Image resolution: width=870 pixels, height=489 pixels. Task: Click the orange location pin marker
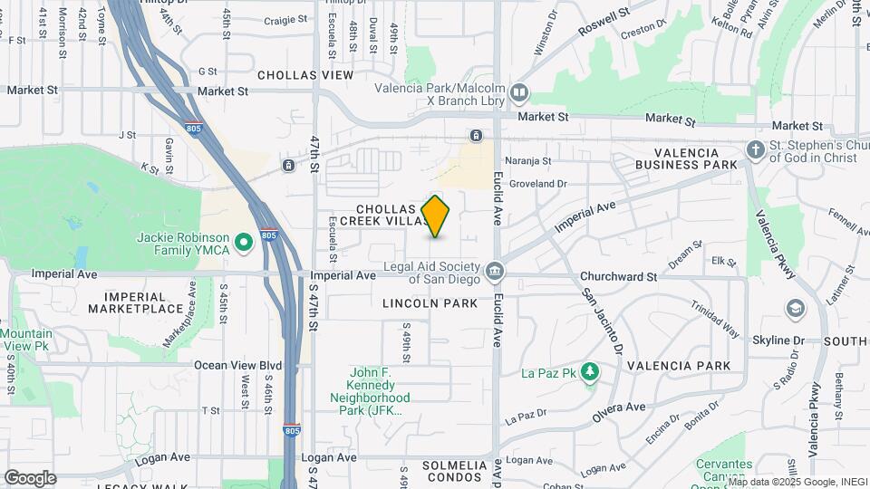click(436, 216)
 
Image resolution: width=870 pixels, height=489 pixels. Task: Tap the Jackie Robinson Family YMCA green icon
click(243, 243)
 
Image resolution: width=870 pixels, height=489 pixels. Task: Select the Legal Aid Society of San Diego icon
click(495, 270)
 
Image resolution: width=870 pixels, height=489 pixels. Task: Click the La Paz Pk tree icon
click(590, 372)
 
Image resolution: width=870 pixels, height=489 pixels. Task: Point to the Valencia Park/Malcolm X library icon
click(518, 91)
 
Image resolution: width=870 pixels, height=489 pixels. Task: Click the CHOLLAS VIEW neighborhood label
click(304, 75)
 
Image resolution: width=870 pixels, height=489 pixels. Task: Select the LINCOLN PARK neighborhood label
click(430, 303)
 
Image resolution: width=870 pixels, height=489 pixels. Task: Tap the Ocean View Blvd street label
click(238, 365)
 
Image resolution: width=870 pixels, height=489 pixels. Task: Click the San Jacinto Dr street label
click(604, 321)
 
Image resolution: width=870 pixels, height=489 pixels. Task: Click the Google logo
click(30, 477)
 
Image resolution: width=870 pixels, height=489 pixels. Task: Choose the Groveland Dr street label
click(537, 183)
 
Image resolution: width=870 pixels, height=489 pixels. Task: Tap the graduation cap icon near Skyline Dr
click(795, 310)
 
